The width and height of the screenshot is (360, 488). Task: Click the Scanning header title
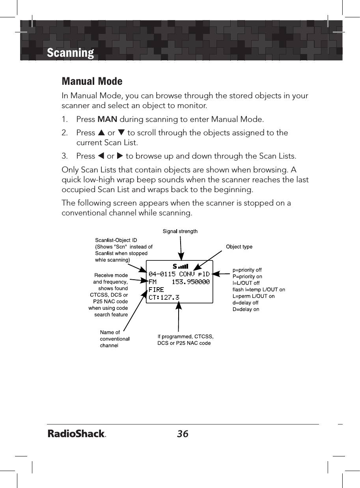(70, 53)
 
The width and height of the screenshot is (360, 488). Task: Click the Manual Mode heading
(92, 81)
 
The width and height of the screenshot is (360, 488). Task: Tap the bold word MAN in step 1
(107, 119)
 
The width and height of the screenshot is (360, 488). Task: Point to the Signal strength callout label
(180, 231)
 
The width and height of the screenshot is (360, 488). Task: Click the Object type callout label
(239, 247)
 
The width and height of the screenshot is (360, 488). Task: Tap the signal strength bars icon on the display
(183, 266)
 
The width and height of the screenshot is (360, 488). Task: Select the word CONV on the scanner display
(187, 273)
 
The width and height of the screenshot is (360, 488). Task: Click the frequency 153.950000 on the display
(191, 282)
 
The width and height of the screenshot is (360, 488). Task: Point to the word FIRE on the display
(156, 290)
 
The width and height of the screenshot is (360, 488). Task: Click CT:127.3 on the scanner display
(164, 297)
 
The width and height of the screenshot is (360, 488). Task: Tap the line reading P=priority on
(247, 277)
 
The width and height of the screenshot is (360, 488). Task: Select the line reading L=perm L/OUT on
(254, 296)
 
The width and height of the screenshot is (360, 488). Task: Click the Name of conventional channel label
(115, 339)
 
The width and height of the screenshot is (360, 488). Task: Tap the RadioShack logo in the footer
(76, 434)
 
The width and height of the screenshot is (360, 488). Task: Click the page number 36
(183, 434)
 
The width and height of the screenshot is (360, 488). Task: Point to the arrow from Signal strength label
(181, 247)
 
